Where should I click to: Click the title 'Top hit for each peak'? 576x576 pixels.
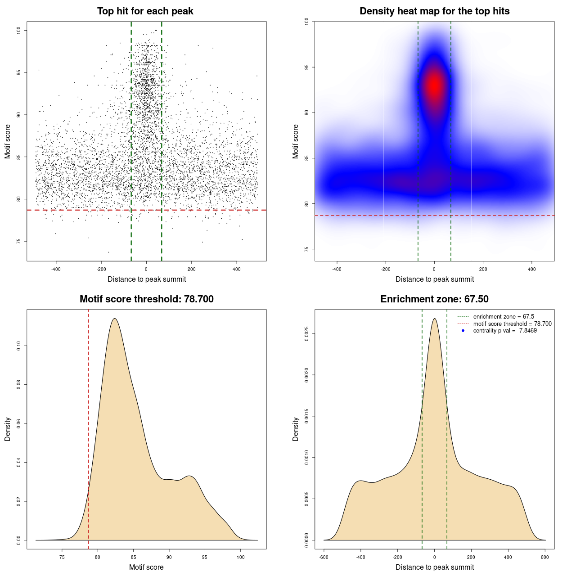[145, 11]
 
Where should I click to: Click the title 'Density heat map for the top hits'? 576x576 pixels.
[434, 11]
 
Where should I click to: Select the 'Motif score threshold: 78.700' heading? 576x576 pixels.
[146, 299]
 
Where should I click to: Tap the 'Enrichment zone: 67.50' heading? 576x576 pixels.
[434, 299]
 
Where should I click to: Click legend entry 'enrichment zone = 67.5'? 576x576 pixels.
[504, 317]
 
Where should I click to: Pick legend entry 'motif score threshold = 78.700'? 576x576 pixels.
[512, 324]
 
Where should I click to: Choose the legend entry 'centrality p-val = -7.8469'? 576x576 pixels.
[505, 331]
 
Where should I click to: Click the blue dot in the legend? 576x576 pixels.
[463, 331]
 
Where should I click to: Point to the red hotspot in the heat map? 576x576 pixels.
[434, 85]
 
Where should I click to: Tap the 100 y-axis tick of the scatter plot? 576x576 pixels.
[18, 30]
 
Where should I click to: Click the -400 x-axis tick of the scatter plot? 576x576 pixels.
[56, 270]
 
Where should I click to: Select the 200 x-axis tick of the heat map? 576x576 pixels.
[483, 270]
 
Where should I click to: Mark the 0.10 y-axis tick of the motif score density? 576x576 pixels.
[18, 346]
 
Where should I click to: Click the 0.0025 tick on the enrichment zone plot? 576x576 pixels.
[306, 334]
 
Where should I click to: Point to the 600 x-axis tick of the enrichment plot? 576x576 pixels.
[545, 558]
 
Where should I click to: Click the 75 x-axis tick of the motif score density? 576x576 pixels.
[62, 558]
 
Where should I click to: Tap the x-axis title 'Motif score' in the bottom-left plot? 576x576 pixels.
[146, 567]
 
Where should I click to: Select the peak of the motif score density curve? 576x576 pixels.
[114, 319]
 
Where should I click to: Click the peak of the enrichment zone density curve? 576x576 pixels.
[434, 319]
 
